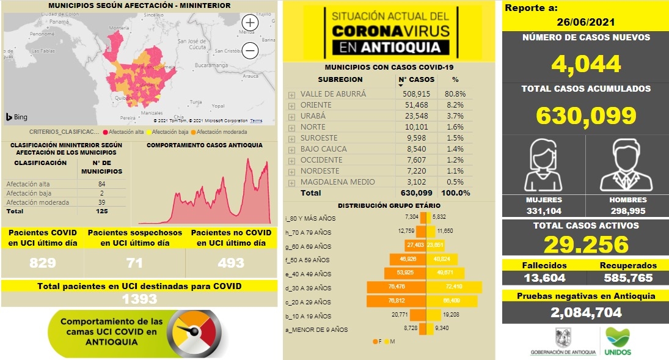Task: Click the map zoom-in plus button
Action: coord(250,23)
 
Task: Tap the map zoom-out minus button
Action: coord(250,51)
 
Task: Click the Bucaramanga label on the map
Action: coord(211,64)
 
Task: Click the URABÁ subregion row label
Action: coord(313,116)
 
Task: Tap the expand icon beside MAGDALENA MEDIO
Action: coord(291,183)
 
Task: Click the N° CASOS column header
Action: coord(417,79)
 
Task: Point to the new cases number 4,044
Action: coord(585,64)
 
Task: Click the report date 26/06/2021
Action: coord(585,23)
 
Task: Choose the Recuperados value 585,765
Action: coord(627,278)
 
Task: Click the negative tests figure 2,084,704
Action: coord(585,312)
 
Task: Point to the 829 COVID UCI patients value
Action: coord(43,263)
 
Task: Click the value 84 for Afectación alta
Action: coord(101,184)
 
